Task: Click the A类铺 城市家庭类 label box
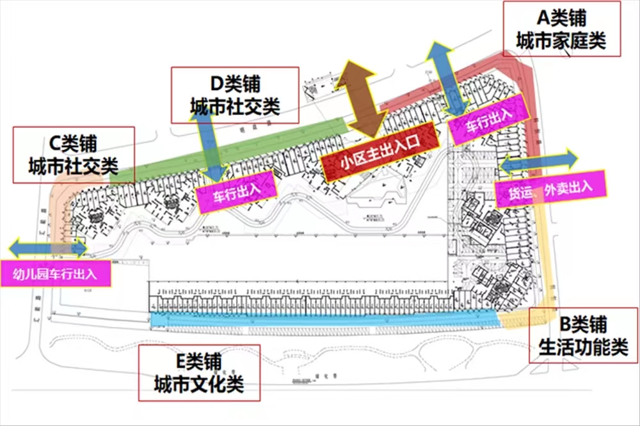pos(561,29)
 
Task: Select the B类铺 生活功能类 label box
pos(582,336)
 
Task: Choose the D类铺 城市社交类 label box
pos(235,95)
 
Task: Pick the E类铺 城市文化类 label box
pos(198,373)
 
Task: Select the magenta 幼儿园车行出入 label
pos(55,275)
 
